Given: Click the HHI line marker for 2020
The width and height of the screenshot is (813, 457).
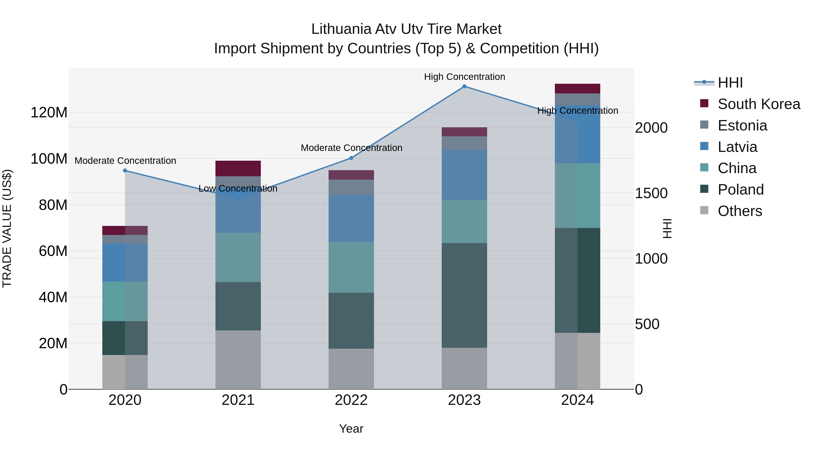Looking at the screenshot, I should [125, 171].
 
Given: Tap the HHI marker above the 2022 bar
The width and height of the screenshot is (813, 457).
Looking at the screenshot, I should [351, 158].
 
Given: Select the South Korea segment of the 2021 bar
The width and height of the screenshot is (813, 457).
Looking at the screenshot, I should [238, 168].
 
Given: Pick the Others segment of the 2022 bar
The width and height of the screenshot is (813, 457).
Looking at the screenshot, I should [351, 369].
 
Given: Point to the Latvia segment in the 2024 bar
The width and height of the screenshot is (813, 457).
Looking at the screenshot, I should [577, 134].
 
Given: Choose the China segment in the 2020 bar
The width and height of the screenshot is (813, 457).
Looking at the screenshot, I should [125, 301].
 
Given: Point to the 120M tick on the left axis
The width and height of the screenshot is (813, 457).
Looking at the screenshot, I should [49, 113].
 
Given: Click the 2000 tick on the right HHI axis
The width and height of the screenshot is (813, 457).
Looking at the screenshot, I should [651, 128].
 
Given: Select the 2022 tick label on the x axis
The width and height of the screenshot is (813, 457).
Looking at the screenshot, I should [351, 400].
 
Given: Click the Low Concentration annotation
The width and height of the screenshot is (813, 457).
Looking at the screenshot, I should [238, 189].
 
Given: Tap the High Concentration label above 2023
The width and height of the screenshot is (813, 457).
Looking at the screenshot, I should [464, 77].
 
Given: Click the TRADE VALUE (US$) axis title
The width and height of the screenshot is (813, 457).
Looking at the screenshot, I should [7, 228].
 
